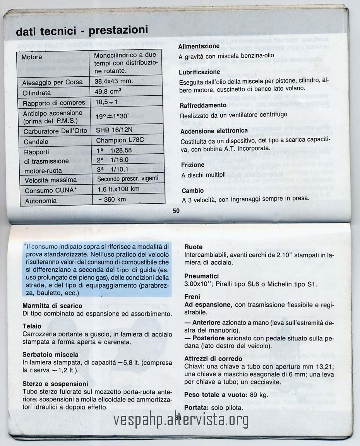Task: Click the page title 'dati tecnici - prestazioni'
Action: (x=82, y=31)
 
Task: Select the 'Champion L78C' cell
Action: (x=116, y=140)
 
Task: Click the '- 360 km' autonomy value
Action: (x=112, y=199)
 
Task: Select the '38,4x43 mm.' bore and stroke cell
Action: (x=114, y=81)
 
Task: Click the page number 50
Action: (x=176, y=211)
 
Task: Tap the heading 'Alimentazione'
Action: (x=199, y=46)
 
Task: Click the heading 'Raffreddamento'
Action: (x=203, y=105)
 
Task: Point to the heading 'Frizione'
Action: (x=193, y=165)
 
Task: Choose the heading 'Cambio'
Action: (x=192, y=191)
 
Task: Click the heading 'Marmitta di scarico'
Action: (x=52, y=306)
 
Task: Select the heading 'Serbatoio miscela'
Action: (x=50, y=355)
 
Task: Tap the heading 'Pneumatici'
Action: (x=201, y=276)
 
